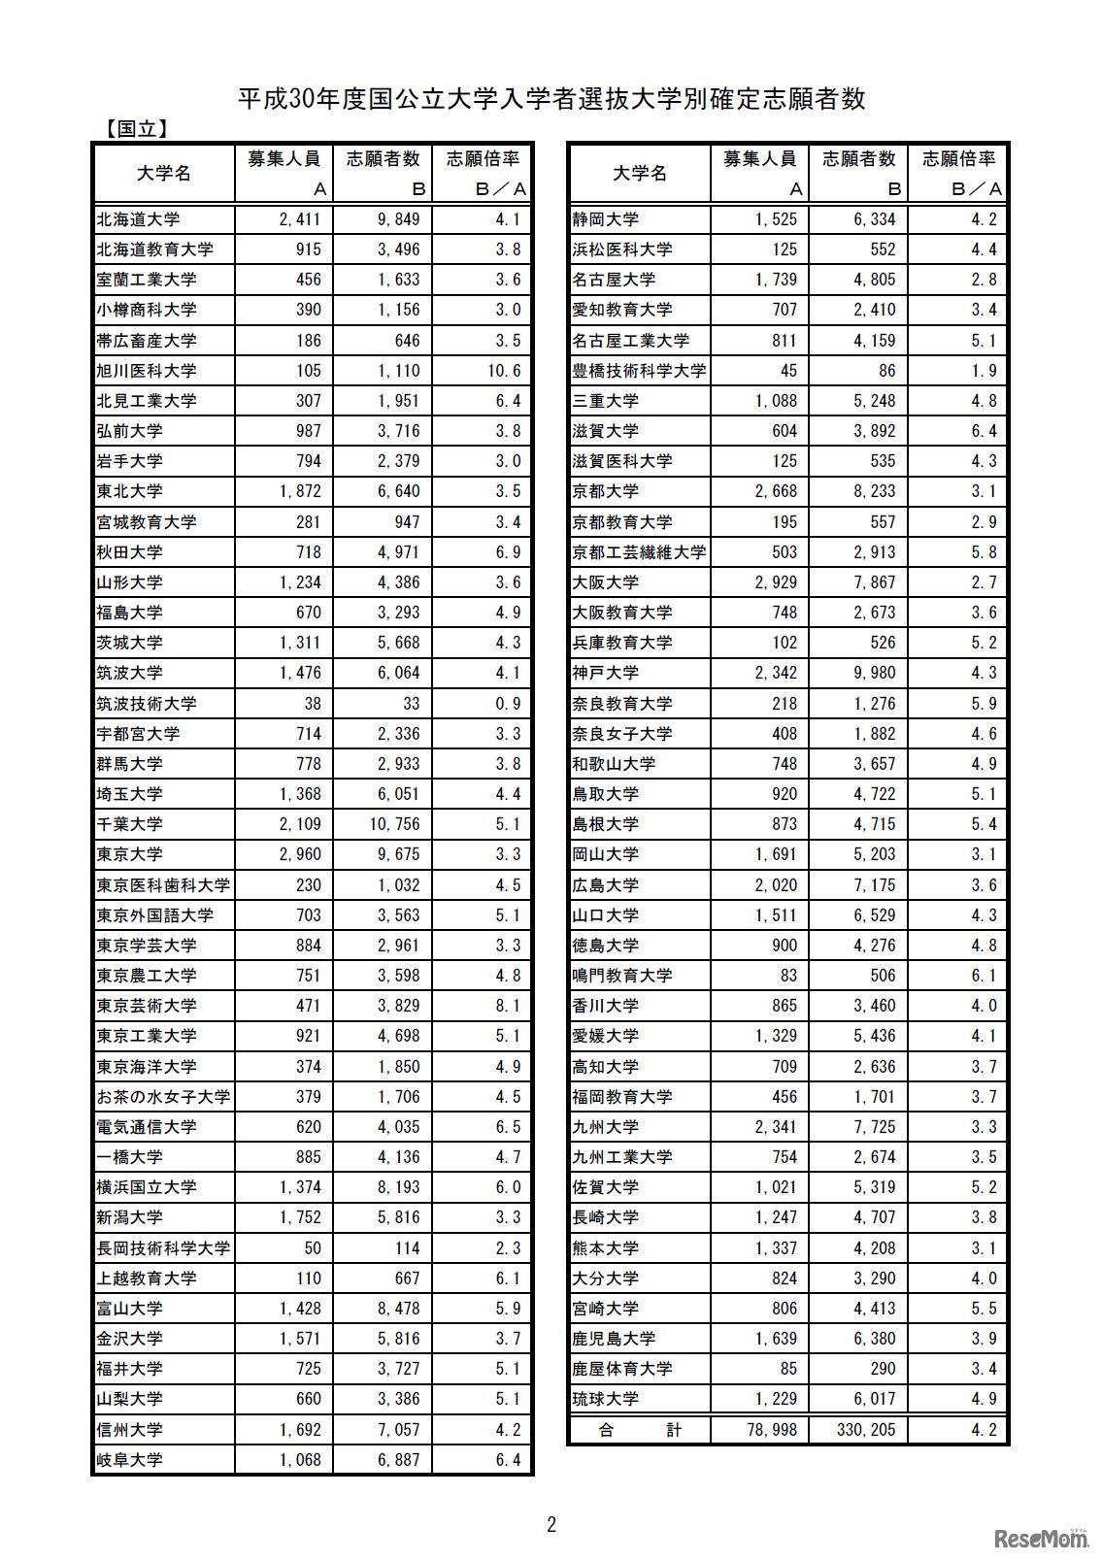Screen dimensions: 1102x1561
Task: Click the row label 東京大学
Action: pyautogui.click(x=129, y=854)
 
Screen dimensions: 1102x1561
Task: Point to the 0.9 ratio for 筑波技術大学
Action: pyautogui.click(x=508, y=704)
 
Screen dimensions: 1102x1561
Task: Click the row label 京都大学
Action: pyautogui.click(x=605, y=491)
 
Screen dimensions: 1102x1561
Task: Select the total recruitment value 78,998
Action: pyautogui.click(x=768, y=1430)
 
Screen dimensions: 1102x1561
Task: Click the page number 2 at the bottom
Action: pyautogui.click(x=551, y=1525)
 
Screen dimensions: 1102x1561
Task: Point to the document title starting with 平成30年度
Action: pyautogui.click(x=551, y=99)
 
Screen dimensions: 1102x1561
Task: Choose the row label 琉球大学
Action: pyautogui.click(x=605, y=1399)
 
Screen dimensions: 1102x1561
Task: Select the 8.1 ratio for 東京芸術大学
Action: pyautogui.click(x=508, y=1006)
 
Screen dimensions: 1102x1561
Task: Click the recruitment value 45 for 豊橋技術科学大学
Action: pyautogui.click(x=787, y=371)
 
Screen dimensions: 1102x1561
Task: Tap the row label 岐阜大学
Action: pyautogui.click(x=129, y=1460)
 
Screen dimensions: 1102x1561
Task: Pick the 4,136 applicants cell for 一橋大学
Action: pyautogui.click(x=398, y=1157)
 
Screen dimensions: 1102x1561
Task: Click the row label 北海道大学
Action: pyautogui.click(x=138, y=219)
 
